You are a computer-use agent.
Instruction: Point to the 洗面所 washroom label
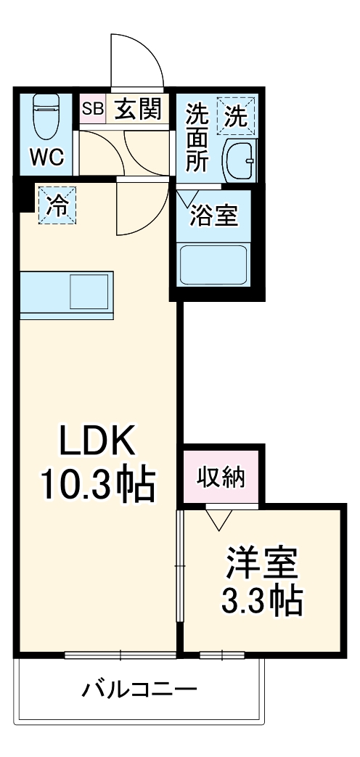click(197, 138)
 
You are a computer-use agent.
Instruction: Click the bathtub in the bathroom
click(214, 266)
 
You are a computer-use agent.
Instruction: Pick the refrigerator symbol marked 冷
click(56, 205)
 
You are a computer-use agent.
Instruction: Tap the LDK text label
click(97, 441)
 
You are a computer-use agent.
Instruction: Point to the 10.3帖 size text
click(97, 484)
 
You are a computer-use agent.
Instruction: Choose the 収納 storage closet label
click(223, 478)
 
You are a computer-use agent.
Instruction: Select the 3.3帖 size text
click(262, 600)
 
